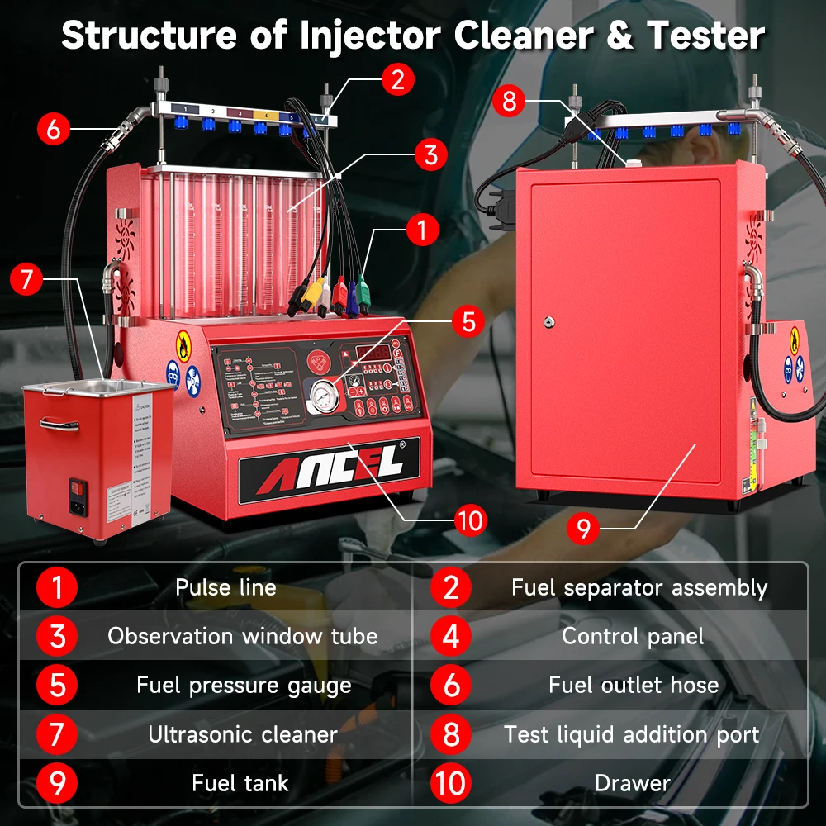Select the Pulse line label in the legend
pyautogui.click(x=225, y=588)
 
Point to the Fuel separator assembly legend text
pyautogui.click(x=639, y=588)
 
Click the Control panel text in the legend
pyautogui.click(x=633, y=636)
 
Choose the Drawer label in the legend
pyautogui.click(x=633, y=783)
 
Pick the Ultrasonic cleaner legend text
pyautogui.click(x=243, y=734)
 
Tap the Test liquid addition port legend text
pyautogui.click(x=632, y=734)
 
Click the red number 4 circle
pyautogui.click(x=451, y=637)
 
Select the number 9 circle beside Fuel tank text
pyautogui.click(x=57, y=783)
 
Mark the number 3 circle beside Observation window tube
pyautogui.click(x=57, y=637)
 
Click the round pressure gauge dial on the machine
pyautogui.click(x=321, y=395)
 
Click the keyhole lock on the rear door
pyautogui.click(x=548, y=323)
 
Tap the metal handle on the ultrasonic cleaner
pyautogui.click(x=59, y=424)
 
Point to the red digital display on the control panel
pyautogui.click(x=373, y=353)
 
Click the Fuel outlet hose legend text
pyautogui.click(x=634, y=685)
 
